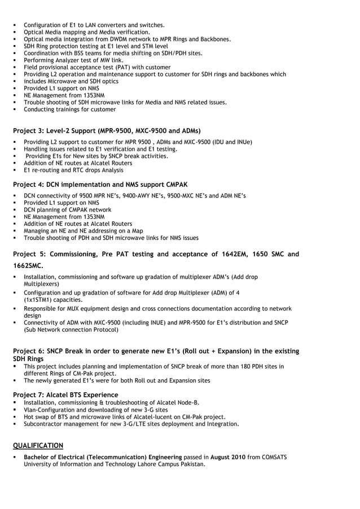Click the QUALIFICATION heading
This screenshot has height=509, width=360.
tap(38, 445)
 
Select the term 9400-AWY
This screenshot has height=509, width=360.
tap(122, 195)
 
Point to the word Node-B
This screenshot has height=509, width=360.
tap(187, 402)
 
